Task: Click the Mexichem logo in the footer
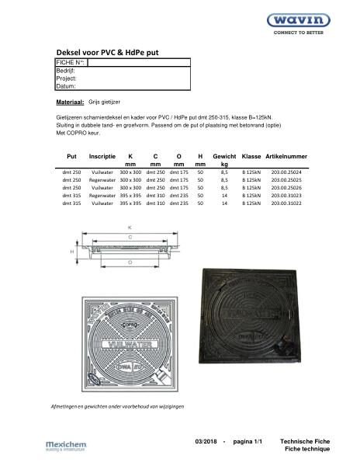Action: click(x=67, y=444)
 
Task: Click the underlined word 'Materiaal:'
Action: click(x=70, y=103)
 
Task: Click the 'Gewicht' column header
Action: click(x=224, y=157)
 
